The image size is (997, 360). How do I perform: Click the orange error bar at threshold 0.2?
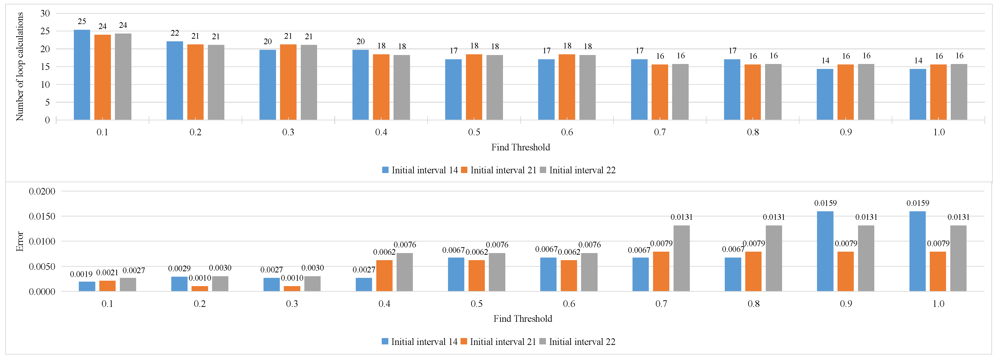(200, 289)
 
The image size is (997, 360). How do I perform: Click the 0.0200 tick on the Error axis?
(42, 191)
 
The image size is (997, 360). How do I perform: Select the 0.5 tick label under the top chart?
(474, 132)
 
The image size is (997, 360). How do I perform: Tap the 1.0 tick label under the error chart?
(938, 304)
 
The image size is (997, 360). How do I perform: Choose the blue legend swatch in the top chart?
(385, 170)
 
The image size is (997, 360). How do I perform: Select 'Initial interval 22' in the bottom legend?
(582, 342)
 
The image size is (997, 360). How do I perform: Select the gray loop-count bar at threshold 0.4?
(402, 88)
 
